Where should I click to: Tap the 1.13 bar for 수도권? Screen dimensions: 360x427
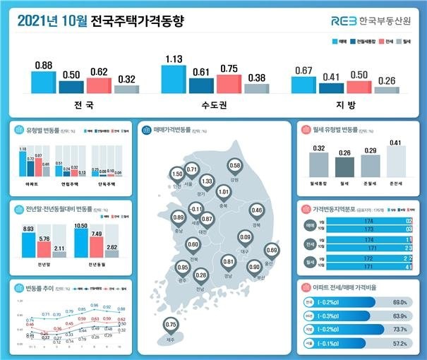173,79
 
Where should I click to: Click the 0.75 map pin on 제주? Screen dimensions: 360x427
170,325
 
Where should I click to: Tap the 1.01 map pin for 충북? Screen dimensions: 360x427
224,191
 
